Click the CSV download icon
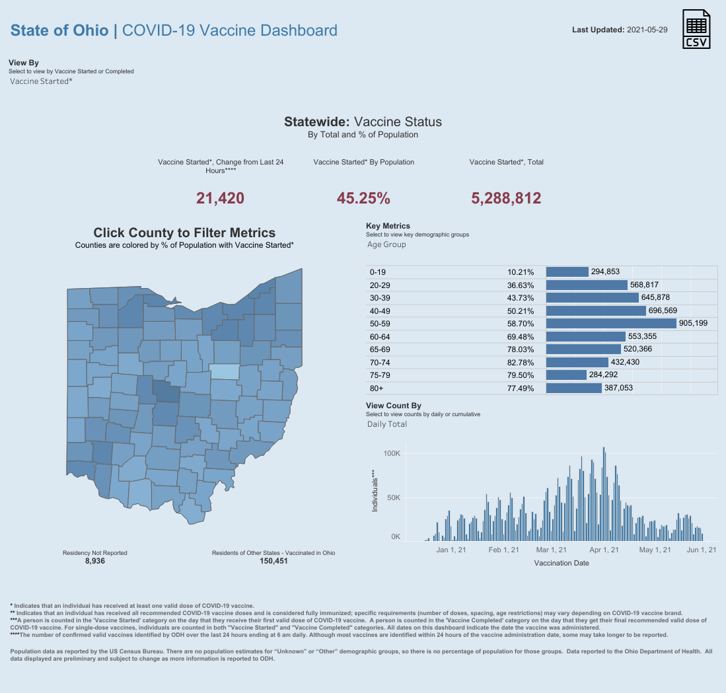pos(696,29)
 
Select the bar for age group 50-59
pos(611,323)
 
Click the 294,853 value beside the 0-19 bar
pos(605,272)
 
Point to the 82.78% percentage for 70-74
pos(521,362)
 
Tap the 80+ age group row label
pos(377,388)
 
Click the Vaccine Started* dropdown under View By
pos(41,81)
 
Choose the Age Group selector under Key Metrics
pos(386,244)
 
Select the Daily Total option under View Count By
pos(387,424)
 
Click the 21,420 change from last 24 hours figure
pos(220,198)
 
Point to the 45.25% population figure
pos(363,198)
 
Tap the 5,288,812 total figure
pos(506,198)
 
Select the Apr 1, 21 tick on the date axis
pos(604,550)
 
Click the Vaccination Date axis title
pos(561,564)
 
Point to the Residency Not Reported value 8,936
pos(94,561)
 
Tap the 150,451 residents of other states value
pos(273,561)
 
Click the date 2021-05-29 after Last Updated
pos(647,30)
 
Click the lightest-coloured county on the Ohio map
pos(225,371)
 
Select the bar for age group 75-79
pos(566,375)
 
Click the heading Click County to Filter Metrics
pos(184,233)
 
